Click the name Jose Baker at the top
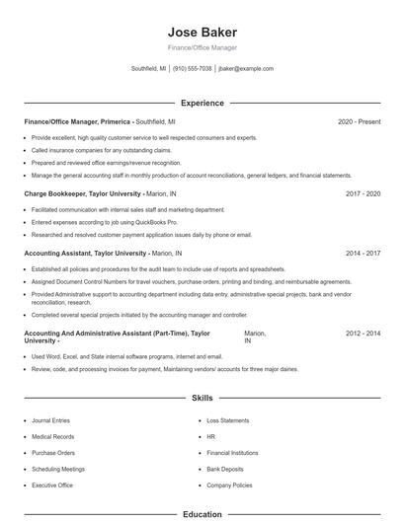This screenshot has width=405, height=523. (202, 32)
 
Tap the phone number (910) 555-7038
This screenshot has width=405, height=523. (193, 69)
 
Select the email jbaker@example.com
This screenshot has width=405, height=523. (246, 69)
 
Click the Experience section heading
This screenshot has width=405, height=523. (202, 103)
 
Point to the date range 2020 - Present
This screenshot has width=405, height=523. (359, 121)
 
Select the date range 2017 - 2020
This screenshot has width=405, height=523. (363, 194)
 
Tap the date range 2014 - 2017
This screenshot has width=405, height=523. (363, 253)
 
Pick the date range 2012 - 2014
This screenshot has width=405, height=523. (363, 334)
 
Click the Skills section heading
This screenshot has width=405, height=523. (202, 398)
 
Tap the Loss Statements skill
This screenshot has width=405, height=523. (228, 420)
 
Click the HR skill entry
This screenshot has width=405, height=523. (210, 436)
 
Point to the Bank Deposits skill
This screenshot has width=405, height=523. (225, 469)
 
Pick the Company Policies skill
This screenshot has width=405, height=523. (229, 486)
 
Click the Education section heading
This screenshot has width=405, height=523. (202, 514)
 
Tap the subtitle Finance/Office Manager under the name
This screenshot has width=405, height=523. (202, 47)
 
